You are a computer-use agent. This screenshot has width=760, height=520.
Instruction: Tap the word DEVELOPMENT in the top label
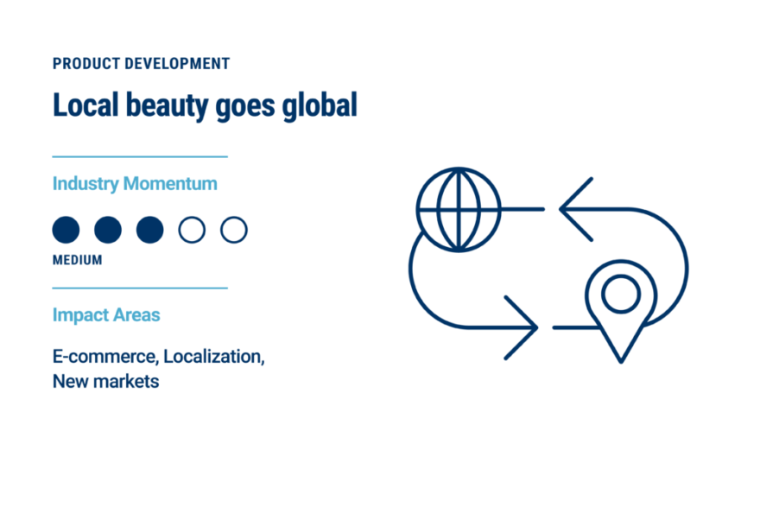coord(177,63)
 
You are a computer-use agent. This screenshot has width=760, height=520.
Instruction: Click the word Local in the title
coord(85,105)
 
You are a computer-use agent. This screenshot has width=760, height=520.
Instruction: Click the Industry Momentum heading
coord(135,184)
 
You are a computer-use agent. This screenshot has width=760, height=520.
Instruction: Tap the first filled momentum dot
coord(66,230)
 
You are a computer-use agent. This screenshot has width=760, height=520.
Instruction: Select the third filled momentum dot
coord(149,230)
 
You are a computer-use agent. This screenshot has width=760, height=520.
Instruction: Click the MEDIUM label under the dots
coord(78,260)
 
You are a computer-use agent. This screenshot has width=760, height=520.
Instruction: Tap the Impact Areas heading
coord(106,315)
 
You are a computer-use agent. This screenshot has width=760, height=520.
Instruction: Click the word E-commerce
coord(105,357)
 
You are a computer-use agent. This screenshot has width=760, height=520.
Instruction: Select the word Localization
coord(214,357)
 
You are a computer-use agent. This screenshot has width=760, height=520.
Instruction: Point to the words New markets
coord(105,382)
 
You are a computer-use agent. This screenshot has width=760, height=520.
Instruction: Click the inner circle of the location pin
coord(621,276)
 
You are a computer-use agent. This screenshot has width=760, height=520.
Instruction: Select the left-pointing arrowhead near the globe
coord(561,209)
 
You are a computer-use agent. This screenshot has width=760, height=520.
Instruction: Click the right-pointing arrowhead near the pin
coord(535,327)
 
